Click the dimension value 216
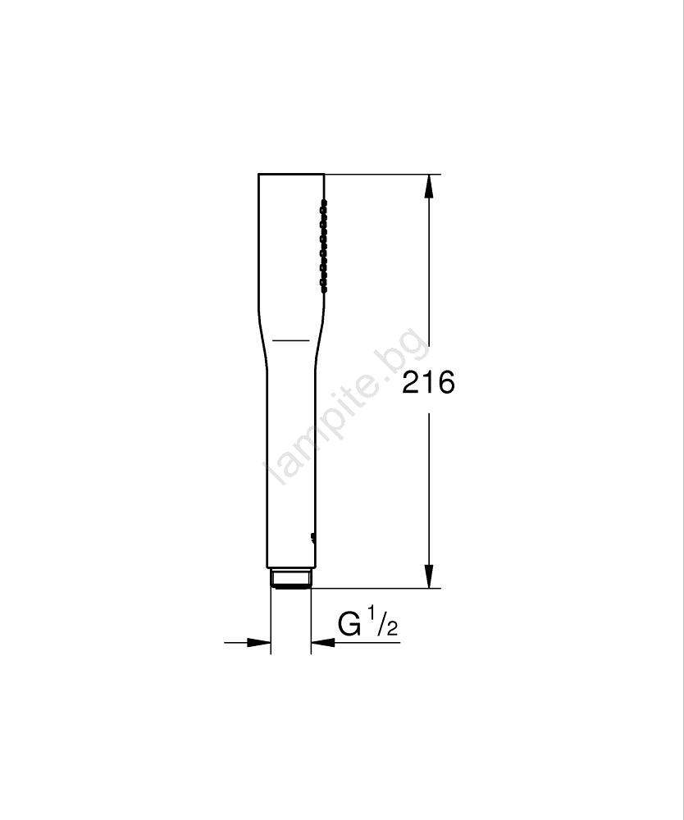428,382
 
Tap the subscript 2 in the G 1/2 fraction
392,629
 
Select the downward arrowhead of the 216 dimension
429,576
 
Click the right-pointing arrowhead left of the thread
259,642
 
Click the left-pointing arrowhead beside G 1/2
323,642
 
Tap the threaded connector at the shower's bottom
291,578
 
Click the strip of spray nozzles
324,244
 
